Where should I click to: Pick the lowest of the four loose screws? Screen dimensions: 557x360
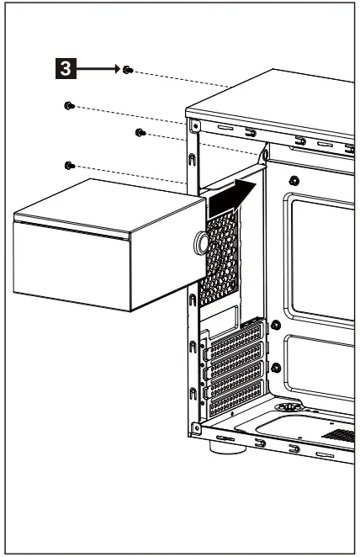point(70,165)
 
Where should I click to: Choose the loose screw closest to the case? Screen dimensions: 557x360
point(140,133)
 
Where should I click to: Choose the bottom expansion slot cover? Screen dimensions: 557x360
point(238,406)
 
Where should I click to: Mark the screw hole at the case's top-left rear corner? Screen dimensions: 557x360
point(195,127)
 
